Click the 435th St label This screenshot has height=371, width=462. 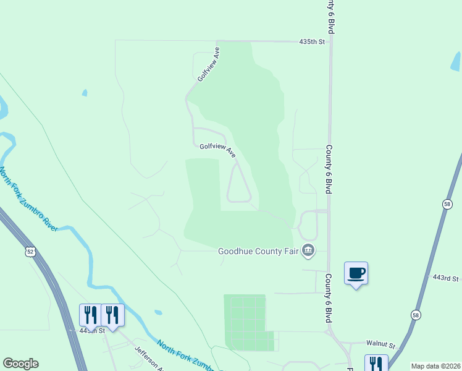(312, 41)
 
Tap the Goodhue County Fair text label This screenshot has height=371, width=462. (259, 251)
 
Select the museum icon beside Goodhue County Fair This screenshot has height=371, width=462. (309, 250)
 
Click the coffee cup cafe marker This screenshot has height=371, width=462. (356, 273)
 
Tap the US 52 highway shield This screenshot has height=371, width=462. (31, 252)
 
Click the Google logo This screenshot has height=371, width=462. (20, 364)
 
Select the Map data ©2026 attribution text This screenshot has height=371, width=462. (435, 366)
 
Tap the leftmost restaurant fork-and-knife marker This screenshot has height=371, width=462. (89, 315)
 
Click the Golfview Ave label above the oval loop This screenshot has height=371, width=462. (218, 150)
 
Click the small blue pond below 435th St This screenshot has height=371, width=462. (85, 93)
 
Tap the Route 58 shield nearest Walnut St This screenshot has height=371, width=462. (415, 315)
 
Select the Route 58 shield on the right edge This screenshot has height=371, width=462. (447, 205)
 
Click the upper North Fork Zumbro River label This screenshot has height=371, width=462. (29, 198)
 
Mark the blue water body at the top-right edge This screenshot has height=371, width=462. (456, 61)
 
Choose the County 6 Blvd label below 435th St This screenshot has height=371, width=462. (330, 171)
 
